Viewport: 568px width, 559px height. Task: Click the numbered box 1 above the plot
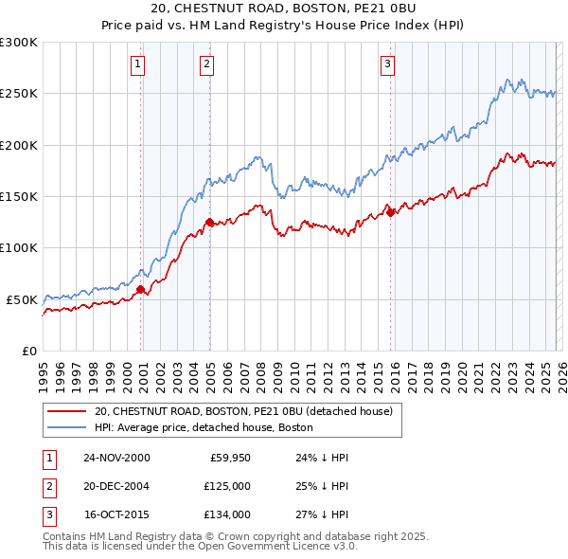pyautogui.click(x=138, y=64)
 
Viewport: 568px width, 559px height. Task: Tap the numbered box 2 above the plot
pyautogui.click(x=206, y=64)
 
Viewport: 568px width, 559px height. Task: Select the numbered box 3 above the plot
pyautogui.click(x=387, y=64)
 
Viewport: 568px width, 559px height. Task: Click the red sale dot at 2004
pyautogui.click(x=209, y=223)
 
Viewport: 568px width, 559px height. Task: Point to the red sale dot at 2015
pyautogui.click(x=390, y=212)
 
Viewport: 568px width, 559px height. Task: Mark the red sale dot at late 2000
pyautogui.click(x=141, y=289)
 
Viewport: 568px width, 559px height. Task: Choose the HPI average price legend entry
pyautogui.click(x=217, y=428)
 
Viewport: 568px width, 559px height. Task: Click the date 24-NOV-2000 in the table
pyautogui.click(x=116, y=457)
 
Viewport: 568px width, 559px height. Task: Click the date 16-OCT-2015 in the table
pyautogui.click(x=116, y=515)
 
